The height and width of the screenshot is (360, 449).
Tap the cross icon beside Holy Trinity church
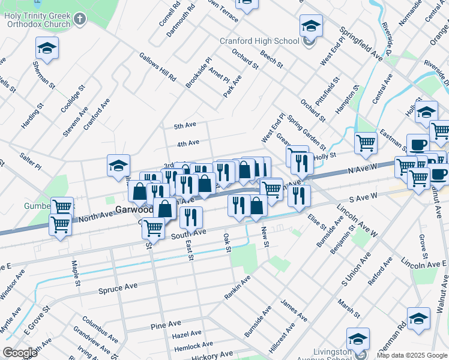[80, 19]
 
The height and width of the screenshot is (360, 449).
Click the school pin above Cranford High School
[311, 26]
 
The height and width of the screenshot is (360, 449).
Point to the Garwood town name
[133, 211]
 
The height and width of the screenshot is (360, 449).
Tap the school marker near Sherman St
[47, 49]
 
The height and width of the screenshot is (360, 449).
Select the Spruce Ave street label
[118, 288]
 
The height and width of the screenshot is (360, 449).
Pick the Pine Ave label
[166, 326]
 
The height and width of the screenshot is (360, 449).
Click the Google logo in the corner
[20, 352]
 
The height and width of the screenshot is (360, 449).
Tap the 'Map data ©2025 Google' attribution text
[411, 355]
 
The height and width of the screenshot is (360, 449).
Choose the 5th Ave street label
[185, 126]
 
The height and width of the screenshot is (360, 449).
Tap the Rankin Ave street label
[237, 289]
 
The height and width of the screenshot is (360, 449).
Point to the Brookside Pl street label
[199, 73]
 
